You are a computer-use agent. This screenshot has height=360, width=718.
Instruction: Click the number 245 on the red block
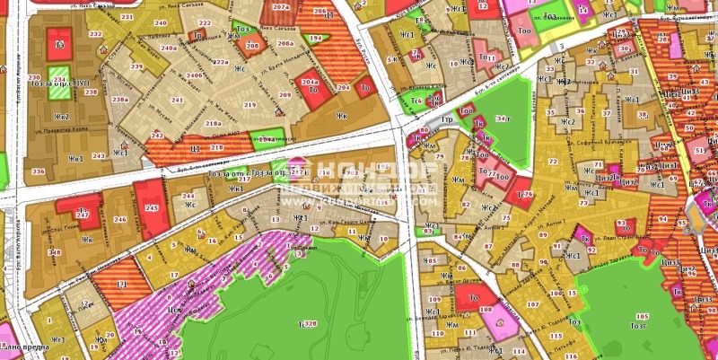pyautogui.click(x=152, y=208)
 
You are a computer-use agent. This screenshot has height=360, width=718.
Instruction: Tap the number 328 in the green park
pyautogui.click(x=310, y=323)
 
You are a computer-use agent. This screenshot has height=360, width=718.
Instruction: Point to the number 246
pyautogui.click(x=120, y=219)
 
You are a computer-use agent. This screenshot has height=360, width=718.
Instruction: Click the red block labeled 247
pyautogui.click(x=83, y=215)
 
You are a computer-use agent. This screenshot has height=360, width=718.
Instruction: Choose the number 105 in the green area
pyautogui.click(x=642, y=316)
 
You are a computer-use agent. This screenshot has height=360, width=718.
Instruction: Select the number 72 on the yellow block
pyautogui.click(x=552, y=162)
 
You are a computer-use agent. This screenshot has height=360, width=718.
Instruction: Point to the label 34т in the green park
pyautogui.click(x=503, y=118)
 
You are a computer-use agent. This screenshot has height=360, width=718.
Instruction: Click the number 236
pyautogui.click(x=38, y=171)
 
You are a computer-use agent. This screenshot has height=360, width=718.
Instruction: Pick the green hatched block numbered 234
pyautogui.click(x=58, y=79)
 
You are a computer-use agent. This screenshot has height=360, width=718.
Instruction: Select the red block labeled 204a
pyautogui.click(x=310, y=82)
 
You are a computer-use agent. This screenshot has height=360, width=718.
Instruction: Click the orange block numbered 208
pyautogui.click(x=252, y=45)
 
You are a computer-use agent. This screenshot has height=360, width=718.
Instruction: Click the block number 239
pyautogui.click(x=136, y=67)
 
